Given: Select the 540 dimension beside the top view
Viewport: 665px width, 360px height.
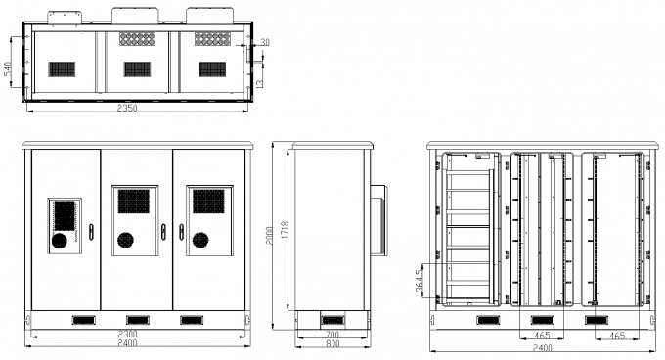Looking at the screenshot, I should pyautogui.click(x=8, y=67).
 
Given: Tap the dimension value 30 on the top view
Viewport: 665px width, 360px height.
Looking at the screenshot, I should pyautogui.click(x=265, y=42).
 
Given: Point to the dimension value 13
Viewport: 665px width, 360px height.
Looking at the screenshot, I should pyautogui.click(x=260, y=83).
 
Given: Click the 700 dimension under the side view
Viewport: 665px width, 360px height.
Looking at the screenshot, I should pyautogui.click(x=333, y=336).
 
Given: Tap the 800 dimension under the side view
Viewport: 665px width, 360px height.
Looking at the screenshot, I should pyautogui.click(x=333, y=345).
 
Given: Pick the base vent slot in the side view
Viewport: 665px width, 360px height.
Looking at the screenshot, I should pyautogui.click(x=332, y=320).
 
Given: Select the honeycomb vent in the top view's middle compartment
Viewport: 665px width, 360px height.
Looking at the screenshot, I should pyautogui.click(x=137, y=39).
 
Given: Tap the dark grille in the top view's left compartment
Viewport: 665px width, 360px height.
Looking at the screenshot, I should pyautogui.click(x=63, y=69).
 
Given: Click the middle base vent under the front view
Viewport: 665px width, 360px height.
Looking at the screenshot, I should pyautogui.click(x=138, y=320).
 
